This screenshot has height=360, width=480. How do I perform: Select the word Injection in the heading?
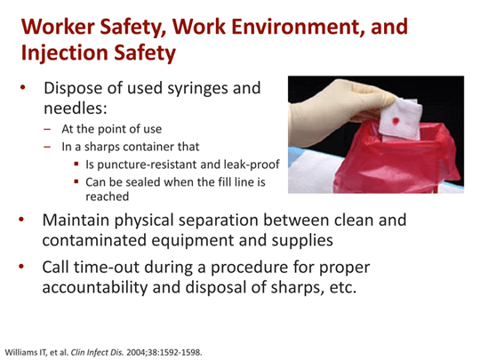(x=63, y=54)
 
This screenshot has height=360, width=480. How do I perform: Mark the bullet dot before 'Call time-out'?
(x=22, y=267)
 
